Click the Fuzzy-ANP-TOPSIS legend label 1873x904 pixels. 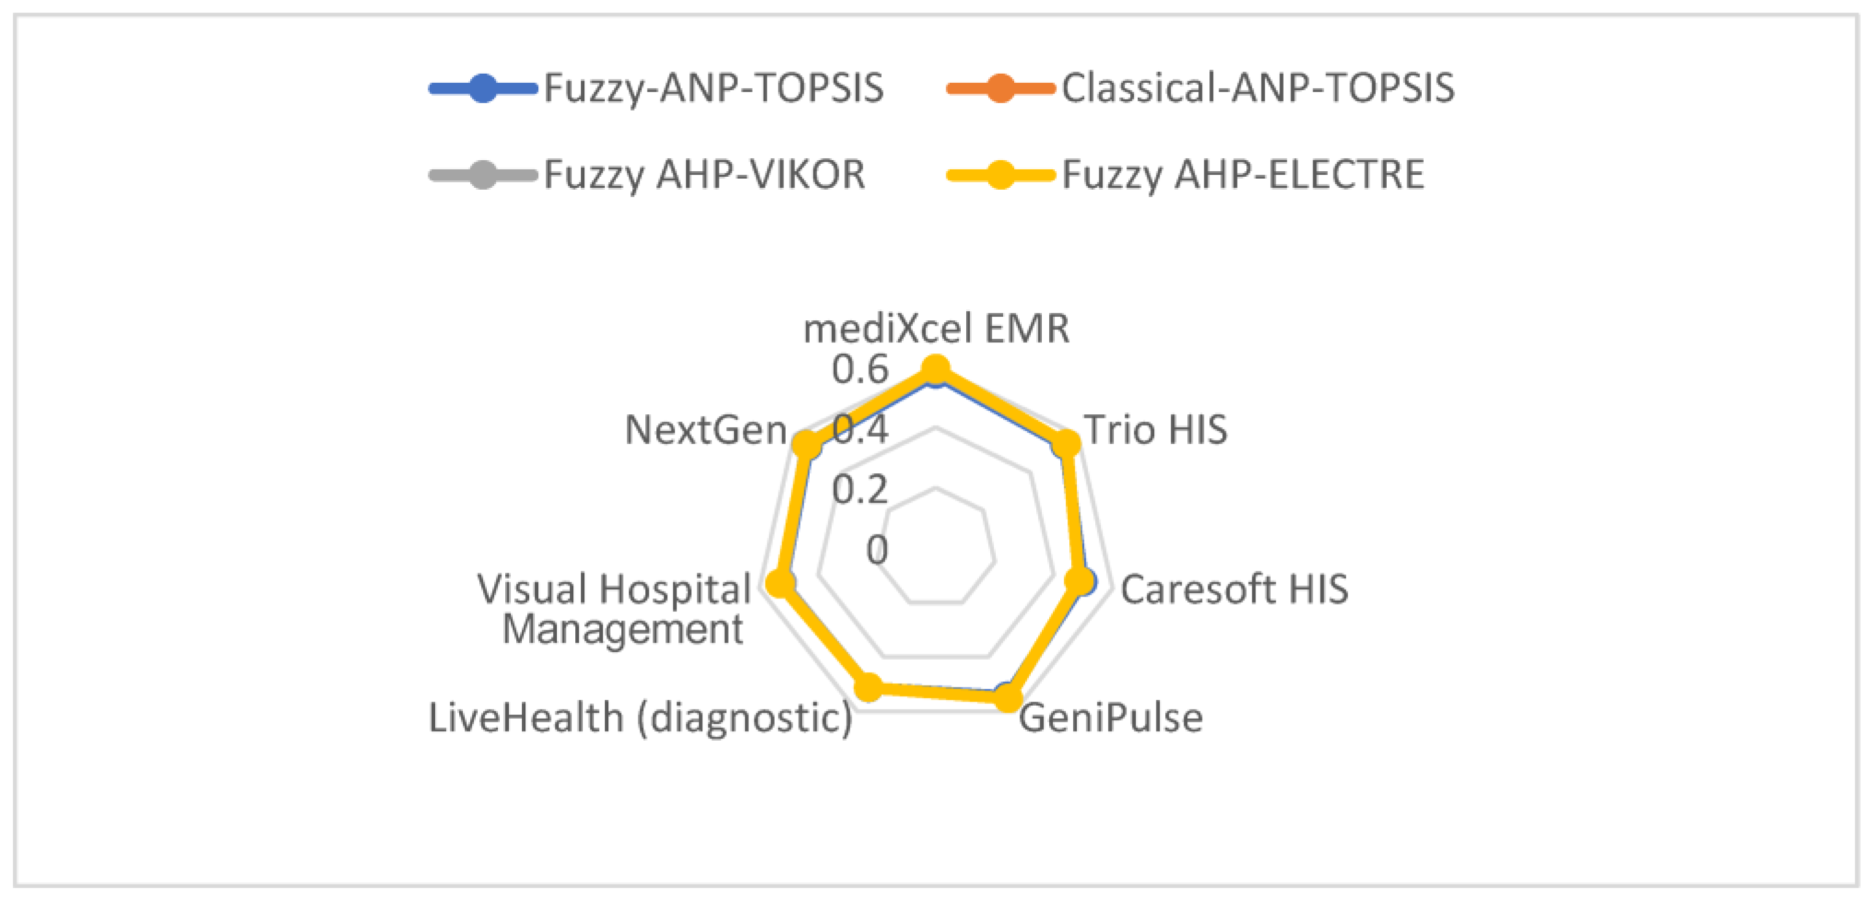click(713, 88)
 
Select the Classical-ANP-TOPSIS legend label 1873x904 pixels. click(1258, 88)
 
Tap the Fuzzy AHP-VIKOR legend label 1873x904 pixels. click(704, 175)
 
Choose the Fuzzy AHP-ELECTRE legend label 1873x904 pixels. click(1243, 175)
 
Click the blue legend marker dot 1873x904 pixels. click(483, 88)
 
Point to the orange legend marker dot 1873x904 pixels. click(1001, 88)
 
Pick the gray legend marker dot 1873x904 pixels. click(483, 175)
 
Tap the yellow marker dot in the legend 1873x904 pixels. click(1001, 175)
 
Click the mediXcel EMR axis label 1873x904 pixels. click(937, 329)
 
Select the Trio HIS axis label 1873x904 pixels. click(1155, 430)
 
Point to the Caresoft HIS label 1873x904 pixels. click(1234, 589)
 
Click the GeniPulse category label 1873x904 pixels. click(1111, 718)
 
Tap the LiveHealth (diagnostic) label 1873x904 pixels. click(640, 718)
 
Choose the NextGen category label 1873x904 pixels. click(706, 430)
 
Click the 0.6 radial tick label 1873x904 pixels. click(860, 370)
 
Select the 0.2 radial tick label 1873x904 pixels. click(860, 490)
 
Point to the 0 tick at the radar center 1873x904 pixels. click(877, 550)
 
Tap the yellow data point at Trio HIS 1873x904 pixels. click(1067, 442)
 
